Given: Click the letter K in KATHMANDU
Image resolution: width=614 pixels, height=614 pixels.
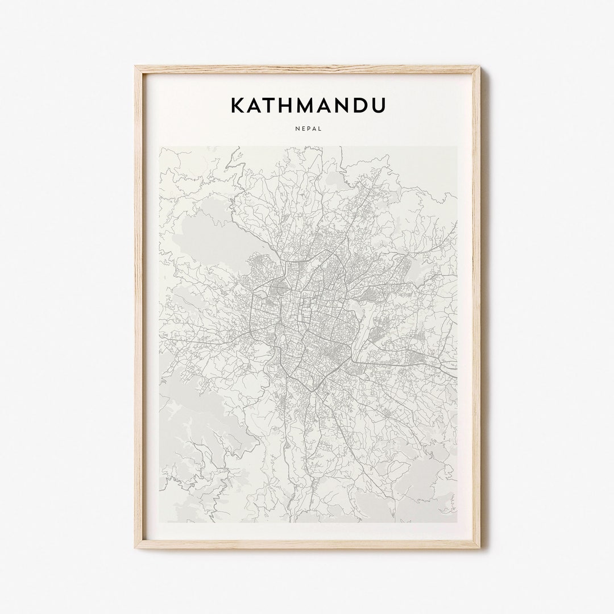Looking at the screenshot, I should (238, 105).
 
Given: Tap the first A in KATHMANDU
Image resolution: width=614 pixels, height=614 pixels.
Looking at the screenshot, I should (256, 105).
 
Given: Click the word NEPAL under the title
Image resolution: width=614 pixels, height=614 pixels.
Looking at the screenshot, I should (308, 128).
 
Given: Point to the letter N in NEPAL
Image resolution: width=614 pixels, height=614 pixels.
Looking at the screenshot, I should (297, 128).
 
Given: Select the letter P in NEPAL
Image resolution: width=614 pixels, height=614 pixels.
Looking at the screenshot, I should (308, 128).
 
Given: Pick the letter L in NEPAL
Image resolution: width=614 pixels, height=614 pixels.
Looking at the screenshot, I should (320, 128).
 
